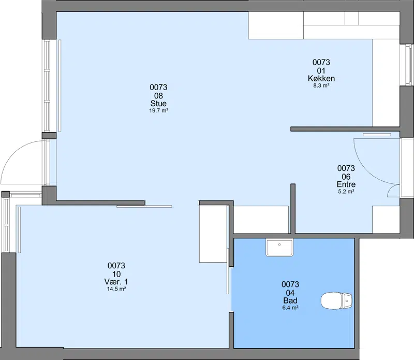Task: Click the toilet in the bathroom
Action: pos(336,300)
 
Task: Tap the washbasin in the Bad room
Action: pos(279,248)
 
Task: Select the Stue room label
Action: pos(158,104)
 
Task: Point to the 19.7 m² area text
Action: pos(159,110)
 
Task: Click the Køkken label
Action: pos(321,78)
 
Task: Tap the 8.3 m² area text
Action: pos(321,85)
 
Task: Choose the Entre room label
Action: pos(346,184)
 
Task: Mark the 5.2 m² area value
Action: pos(346,191)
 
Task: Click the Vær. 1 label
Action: pos(116,281)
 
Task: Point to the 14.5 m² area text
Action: pos(116,289)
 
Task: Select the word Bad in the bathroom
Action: pos(290,300)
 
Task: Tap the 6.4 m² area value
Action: pos(290,308)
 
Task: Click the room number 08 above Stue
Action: pos(158,95)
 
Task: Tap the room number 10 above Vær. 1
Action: pos(116,274)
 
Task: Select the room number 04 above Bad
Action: pos(290,293)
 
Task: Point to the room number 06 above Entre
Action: pos(346,176)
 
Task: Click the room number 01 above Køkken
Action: pos(321,70)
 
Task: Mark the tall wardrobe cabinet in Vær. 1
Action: pos(213,234)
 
